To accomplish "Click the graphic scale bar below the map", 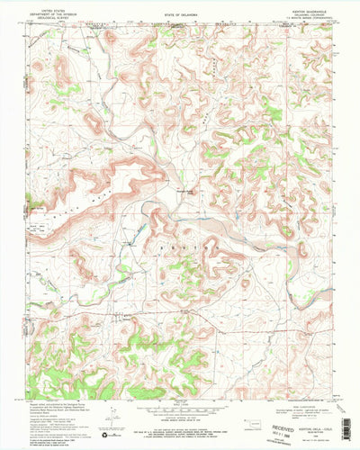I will point(180,413).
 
